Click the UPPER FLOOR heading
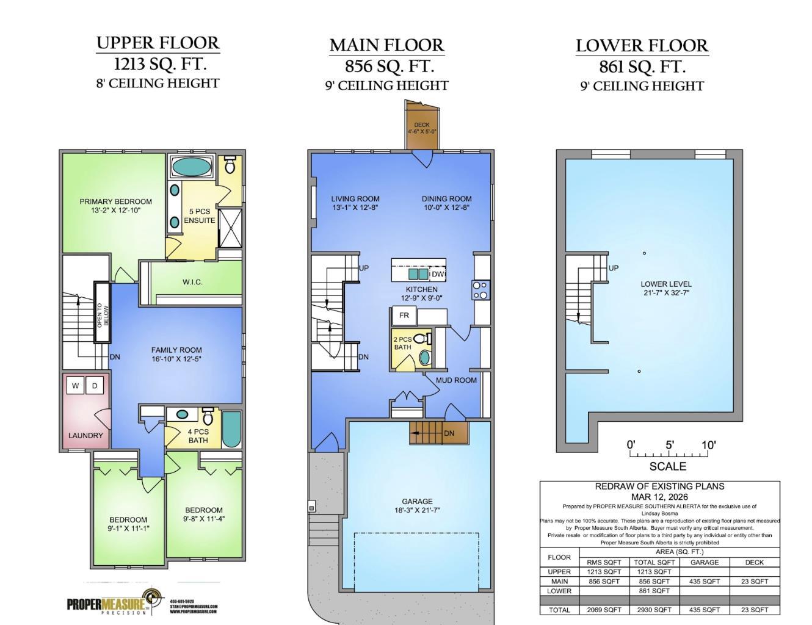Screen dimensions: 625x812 tap(158, 43)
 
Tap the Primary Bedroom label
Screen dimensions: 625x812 tap(115, 201)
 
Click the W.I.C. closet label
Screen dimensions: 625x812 tap(192, 282)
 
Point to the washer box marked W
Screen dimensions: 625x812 tap(75, 386)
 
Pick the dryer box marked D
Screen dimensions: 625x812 tap(95, 386)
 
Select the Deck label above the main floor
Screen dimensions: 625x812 tap(421, 125)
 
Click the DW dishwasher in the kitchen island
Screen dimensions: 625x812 tap(438, 275)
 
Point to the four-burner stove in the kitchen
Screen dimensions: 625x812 tap(480, 290)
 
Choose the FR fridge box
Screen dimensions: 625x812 tap(404, 316)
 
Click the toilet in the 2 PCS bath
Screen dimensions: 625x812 tap(422, 339)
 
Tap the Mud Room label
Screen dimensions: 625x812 tap(456, 380)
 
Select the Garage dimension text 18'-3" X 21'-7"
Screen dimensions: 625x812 tap(417, 510)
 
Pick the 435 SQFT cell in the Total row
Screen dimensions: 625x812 tap(704, 610)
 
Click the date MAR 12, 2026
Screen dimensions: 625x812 tap(659, 497)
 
